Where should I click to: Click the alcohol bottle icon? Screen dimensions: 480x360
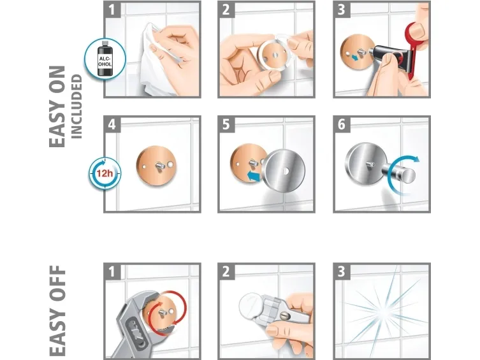tap(105, 59)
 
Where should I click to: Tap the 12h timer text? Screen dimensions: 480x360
tap(105, 173)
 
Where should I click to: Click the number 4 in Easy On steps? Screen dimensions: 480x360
tap(112, 124)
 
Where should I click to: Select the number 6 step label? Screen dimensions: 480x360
tap(341, 124)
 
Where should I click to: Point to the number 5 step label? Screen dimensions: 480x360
tap(226, 124)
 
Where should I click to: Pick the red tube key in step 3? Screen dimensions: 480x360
tap(412, 46)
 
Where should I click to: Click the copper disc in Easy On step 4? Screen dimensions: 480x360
tap(156, 166)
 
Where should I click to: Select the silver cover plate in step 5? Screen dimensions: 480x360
tap(284, 171)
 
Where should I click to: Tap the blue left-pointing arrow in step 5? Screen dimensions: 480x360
tap(254, 176)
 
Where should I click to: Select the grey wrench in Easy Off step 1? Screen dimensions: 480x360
tap(135, 324)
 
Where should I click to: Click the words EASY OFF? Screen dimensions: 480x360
tap(57, 311)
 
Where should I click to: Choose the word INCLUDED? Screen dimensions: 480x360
tap(76, 107)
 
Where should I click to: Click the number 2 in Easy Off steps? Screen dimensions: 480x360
tap(226, 271)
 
